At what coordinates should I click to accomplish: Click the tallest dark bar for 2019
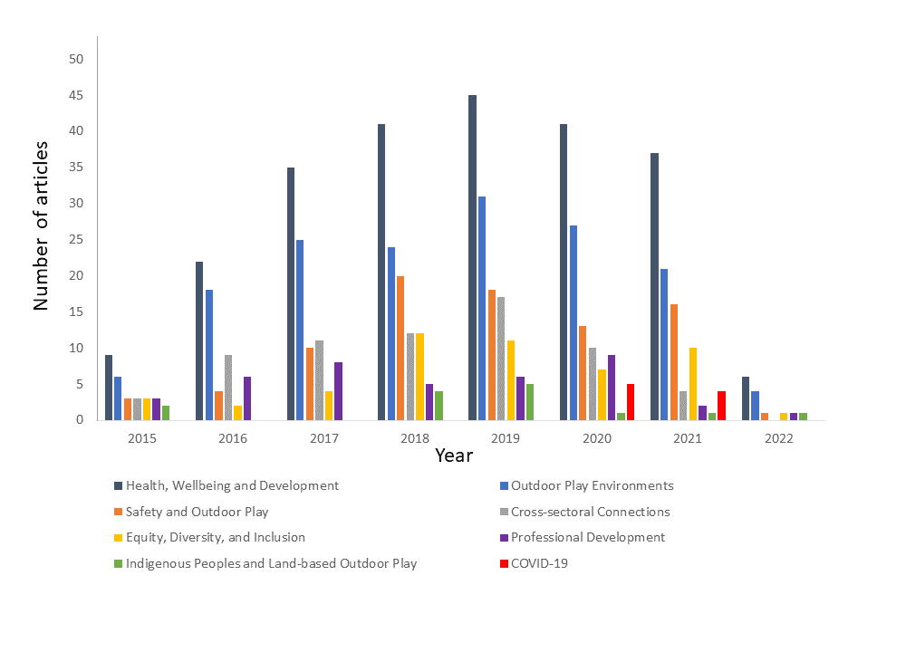click(x=472, y=258)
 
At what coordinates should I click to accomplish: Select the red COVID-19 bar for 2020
click(x=630, y=402)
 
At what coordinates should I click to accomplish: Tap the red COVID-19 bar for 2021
click(x=721, y=406)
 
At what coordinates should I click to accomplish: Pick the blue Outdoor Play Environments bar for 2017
click(x=300, y=330)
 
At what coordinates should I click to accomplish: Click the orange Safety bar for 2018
click(x=400, y=348)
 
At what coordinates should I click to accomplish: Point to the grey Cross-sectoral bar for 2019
click(x=501, y=359)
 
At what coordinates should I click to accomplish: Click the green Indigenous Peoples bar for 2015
click(x=166, y=413)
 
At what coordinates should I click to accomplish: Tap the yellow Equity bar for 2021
click(x=693, y=384)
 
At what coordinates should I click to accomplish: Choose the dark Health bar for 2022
click(x=746, y=398)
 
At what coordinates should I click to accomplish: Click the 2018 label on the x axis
click(x=415, y=439)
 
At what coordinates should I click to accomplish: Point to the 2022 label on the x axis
click(x=778, y=439)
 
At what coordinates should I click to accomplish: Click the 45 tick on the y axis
click(x=76, y=95)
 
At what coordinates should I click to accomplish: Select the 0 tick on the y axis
click(x=80, y=420)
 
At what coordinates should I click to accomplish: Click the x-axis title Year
click(x=453, y=455)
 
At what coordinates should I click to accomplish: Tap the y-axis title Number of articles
click(x=41, y=225)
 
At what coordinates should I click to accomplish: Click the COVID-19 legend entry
click(x=539, y=563)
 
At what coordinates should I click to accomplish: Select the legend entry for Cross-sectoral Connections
click(x=590, y=512)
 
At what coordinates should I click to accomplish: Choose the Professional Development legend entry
click(x=587, y=537)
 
